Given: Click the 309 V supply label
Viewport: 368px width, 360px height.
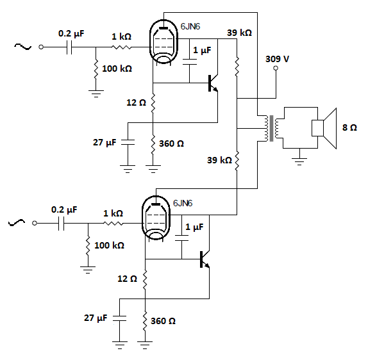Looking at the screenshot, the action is [277, 59].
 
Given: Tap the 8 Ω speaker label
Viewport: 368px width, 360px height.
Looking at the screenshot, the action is [349, 127].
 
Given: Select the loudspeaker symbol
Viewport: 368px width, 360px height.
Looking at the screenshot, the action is [324, 128].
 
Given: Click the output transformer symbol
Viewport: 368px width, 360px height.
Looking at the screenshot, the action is [272, 128].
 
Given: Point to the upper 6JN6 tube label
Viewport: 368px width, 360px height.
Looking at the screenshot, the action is [190, 26].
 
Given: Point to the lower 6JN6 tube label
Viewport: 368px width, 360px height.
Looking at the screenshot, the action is [183, 203].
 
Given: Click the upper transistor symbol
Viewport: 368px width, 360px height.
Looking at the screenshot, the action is [213, 83].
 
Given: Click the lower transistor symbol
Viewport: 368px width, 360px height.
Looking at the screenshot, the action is [205, 259].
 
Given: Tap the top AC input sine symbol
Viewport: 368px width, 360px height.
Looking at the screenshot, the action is [23, 46].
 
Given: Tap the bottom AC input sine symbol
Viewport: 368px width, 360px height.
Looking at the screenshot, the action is [17, 222].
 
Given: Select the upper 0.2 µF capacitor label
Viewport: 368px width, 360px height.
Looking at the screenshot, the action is [71, 33].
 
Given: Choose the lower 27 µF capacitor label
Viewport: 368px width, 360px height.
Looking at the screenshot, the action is [96, 318].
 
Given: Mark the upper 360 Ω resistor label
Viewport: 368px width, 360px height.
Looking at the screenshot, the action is [171, 143].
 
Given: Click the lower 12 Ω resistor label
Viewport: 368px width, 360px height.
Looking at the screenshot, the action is [127, 279].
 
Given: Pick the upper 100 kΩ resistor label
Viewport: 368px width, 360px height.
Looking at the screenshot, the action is [117, 69].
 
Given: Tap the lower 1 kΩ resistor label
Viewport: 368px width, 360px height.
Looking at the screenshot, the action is [113, 213].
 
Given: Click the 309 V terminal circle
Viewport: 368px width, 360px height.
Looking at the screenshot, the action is [276, 69].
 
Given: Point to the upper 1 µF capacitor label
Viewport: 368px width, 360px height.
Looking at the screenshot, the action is [202, 51].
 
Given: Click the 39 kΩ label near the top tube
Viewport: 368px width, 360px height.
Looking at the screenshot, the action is [239, 33].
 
